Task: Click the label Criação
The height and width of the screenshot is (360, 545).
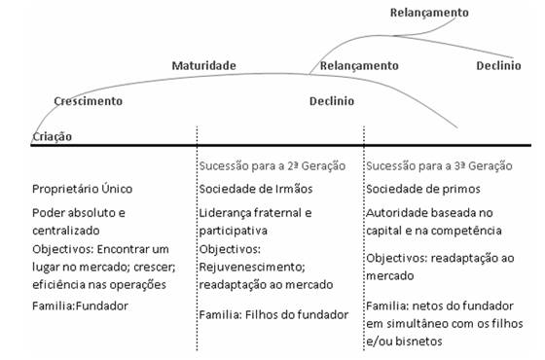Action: point(53,137)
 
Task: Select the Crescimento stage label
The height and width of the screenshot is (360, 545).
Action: point(89,100)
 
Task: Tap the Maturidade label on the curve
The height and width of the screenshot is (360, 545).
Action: point(204,65)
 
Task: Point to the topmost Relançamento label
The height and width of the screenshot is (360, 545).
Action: point(428,13)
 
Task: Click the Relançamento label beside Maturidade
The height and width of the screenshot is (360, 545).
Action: point(359,65)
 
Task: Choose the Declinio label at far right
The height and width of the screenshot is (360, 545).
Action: point(498,65)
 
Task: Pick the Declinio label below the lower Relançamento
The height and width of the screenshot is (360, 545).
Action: point(332,101)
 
